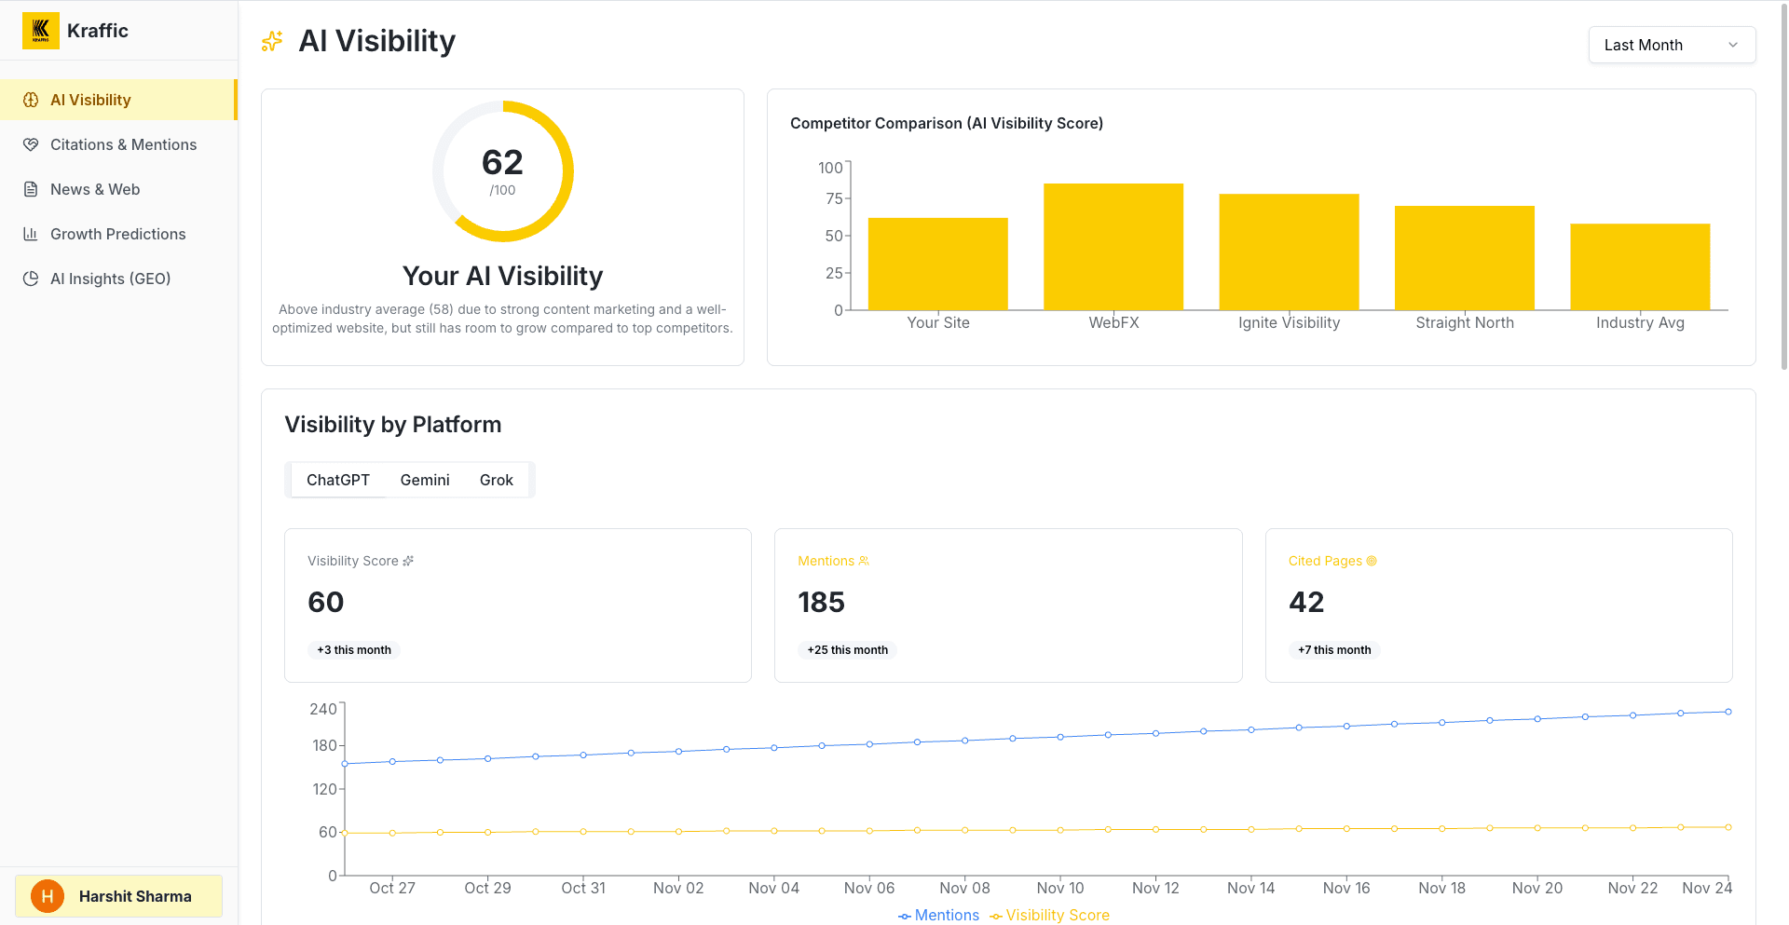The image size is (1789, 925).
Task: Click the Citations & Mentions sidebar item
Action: (123, 144)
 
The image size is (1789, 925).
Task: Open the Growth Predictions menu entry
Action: (117, 234)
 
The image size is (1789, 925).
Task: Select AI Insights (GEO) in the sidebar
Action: (110, 279)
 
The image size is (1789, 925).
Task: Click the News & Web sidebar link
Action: (95, 189)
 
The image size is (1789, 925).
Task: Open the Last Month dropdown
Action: (1671, 45)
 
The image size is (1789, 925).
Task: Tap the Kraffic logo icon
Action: (41, 31)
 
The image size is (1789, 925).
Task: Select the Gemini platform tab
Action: (425, 480)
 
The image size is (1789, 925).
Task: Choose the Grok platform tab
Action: (496, 480)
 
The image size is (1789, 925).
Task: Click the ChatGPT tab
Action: (338, 480)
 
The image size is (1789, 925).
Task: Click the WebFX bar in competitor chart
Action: (1113, 247)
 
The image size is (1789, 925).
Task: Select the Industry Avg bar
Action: (1640, 266)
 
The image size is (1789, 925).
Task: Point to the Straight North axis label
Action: (1465, 322)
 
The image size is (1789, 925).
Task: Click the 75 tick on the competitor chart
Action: (834, 198)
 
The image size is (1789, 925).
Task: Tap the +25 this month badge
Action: (847, 650)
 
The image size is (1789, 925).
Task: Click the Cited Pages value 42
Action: (1306, 603)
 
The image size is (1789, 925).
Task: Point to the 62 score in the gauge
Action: (502, 163)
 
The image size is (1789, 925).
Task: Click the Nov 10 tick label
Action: (1060, 888)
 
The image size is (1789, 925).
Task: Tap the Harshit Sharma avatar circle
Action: (48, 896)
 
